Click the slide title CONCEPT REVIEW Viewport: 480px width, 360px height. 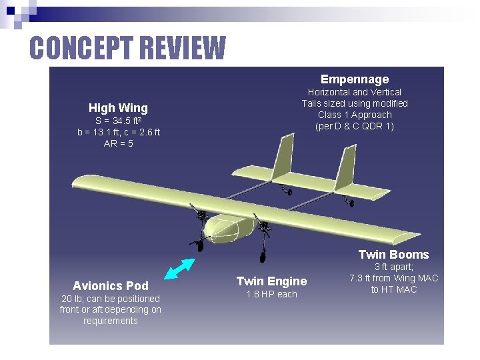click(127, 48)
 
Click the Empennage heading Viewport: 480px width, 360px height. click(354, 79)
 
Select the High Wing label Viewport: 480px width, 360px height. click(118, 108)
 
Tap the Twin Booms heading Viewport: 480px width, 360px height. click(393, 255)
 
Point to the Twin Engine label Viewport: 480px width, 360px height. click(271, 281)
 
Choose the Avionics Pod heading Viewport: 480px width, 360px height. click(110, 286)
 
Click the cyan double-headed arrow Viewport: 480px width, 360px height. click(179, 268)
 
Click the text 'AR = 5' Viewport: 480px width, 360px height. click(118, 143)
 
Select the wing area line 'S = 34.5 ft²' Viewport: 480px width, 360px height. click(118, 121)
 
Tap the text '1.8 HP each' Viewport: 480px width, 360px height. click(271, 295)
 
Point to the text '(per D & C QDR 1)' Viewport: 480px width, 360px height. click(354, 126)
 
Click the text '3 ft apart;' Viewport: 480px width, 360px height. click(394, 267)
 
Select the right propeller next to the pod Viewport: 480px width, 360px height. click(265, 229)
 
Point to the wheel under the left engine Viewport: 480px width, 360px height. click(199, 245)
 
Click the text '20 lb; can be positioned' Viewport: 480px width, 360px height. click(110, 299)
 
